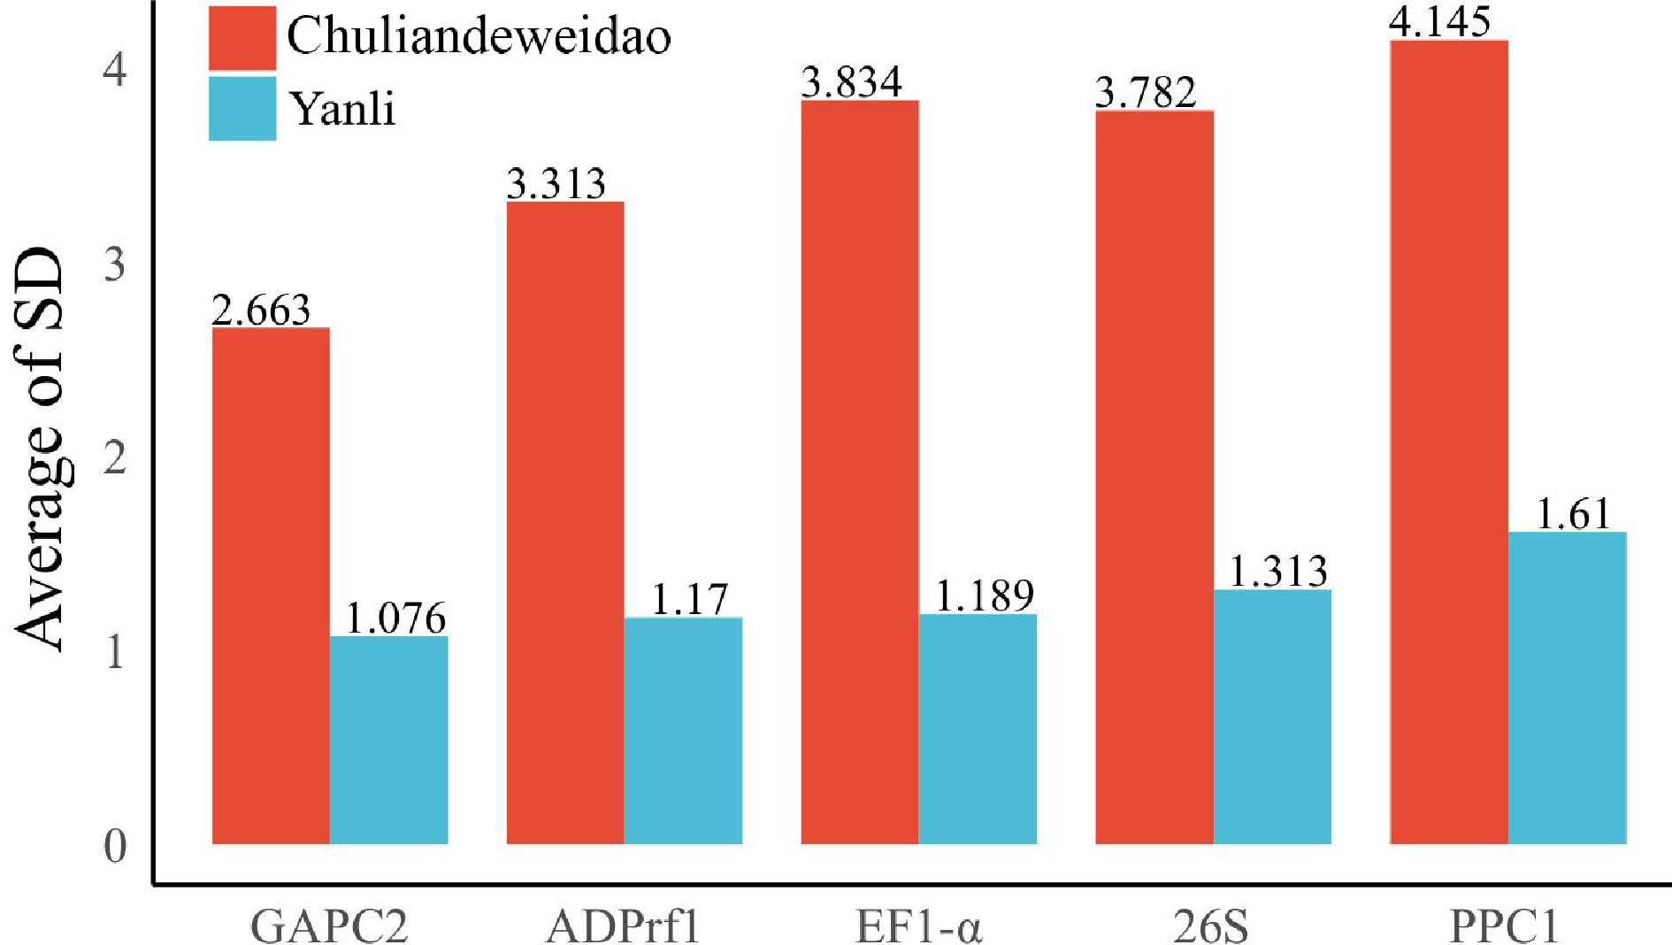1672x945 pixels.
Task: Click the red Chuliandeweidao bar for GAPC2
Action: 271,585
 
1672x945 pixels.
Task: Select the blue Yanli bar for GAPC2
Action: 388,740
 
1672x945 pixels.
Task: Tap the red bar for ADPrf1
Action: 565,522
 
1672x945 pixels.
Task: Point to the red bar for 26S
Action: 1154,477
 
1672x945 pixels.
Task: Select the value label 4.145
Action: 1439,21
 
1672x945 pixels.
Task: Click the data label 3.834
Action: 851,82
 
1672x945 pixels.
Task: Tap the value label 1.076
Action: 395,618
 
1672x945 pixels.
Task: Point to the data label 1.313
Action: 1278,572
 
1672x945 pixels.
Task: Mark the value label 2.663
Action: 262,310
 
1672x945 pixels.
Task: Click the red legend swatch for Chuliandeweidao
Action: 242,37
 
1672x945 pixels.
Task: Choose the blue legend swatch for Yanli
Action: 242,108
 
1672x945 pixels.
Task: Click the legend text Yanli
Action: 343,109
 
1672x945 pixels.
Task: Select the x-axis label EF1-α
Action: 918,926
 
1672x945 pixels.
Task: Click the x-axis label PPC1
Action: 1503,926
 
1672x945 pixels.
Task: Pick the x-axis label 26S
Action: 1211,926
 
